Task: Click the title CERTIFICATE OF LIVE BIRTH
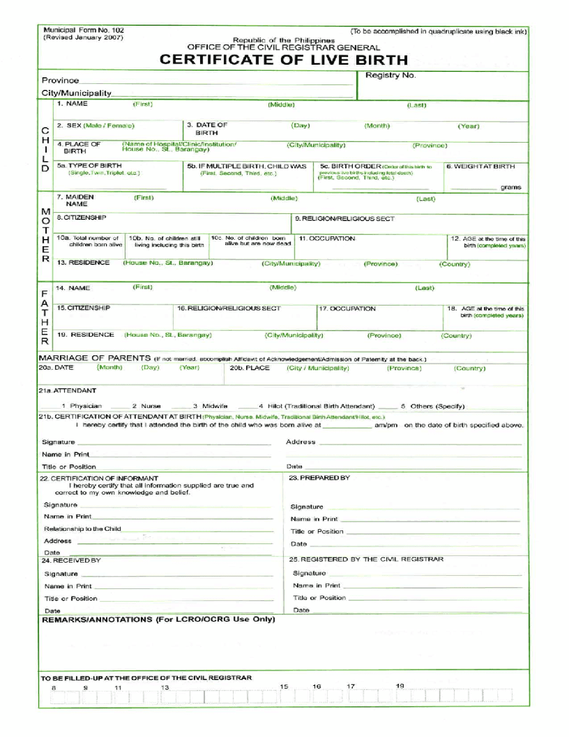point(283,60)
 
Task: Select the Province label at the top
point(60,80)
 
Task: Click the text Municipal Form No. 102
point(84,30)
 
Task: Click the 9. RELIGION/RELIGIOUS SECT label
point(344,219)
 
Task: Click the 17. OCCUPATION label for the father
point(347,309)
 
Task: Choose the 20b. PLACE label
point(250,368)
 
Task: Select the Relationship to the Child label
point(82,528)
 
